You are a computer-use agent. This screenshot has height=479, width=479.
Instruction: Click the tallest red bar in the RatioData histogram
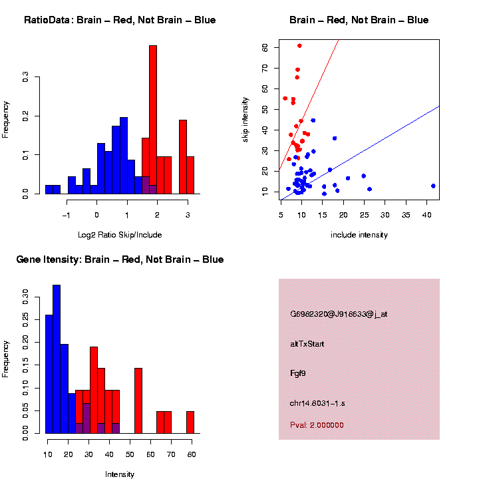(153, 120)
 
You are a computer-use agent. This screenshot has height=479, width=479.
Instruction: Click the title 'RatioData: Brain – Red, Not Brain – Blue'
(120, 20)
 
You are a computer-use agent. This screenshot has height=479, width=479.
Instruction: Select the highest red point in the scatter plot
(299, 46)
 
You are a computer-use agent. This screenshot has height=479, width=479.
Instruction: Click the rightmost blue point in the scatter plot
(433, 186)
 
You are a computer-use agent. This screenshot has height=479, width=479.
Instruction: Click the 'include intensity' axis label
(359, 235)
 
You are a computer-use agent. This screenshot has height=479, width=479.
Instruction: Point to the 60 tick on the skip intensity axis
(265, 47)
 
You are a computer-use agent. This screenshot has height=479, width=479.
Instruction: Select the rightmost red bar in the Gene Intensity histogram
(190, 422)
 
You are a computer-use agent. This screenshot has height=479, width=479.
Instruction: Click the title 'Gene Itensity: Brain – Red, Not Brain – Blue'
(120, 259)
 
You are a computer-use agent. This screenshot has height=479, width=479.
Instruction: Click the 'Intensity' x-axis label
(120, 474)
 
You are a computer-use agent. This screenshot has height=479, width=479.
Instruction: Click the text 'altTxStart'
(307, 344)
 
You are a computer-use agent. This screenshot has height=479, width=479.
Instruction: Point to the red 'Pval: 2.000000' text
(317, 425)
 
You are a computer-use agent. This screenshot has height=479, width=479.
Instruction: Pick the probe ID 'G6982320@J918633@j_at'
(339, 314)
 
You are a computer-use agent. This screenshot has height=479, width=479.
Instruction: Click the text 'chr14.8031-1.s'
(317, 403)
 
